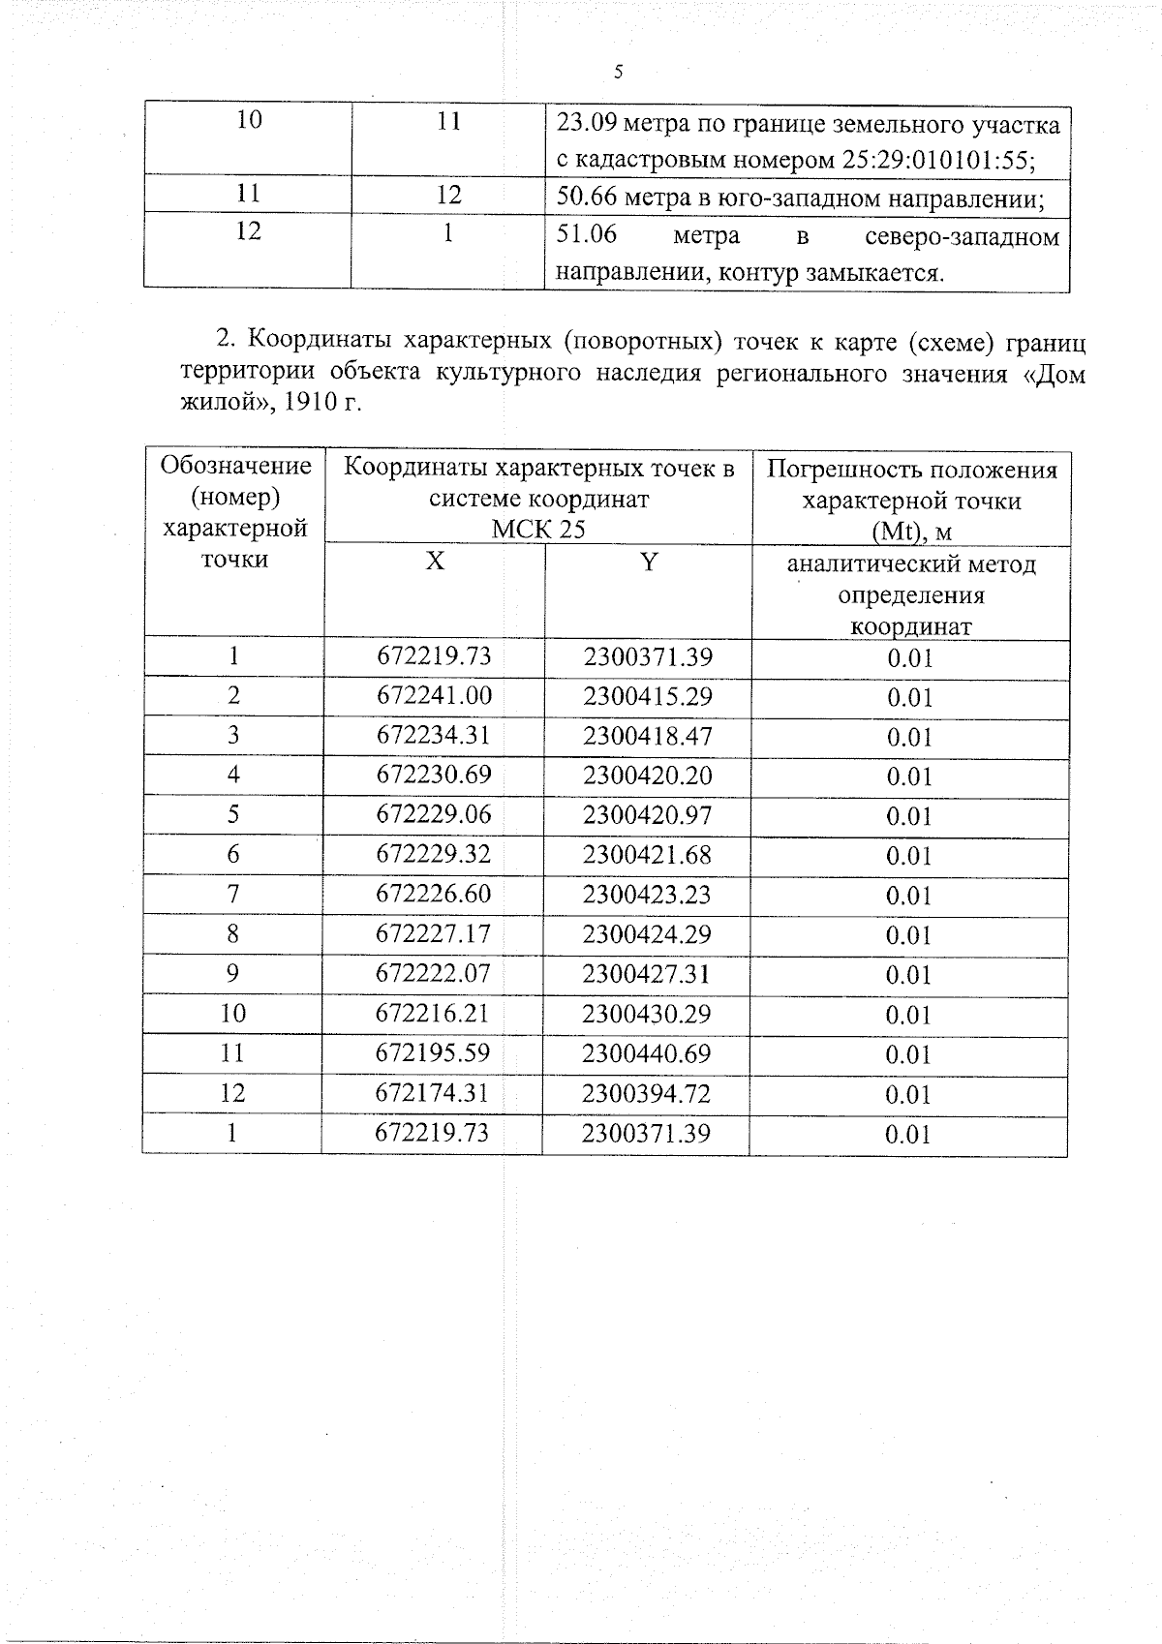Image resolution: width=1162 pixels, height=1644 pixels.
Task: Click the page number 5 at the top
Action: click(x=619, y=73)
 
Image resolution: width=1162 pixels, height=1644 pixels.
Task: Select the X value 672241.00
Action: click(x=434, y=695)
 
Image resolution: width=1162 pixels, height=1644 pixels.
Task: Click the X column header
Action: click(x=435, y=562)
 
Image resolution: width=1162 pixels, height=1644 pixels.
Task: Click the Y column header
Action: click(x=649, y=562)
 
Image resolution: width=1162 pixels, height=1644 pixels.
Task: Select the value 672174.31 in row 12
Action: click(x=434, y=1092)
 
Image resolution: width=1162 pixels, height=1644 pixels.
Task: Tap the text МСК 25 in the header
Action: click(x=538, y=529)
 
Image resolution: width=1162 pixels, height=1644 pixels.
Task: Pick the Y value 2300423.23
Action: click(x=647, y=894)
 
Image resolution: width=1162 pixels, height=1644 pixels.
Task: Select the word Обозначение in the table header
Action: click(x=236, y=466)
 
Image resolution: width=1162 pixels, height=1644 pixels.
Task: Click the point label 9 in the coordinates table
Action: click(x=232, y=973)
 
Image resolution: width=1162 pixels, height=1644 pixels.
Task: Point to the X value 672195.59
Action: click(x=434, y=1052)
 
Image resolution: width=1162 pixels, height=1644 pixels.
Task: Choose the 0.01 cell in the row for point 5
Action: click(x=909, y=815)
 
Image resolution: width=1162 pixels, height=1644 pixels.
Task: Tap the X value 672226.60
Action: click(x=434, y=894)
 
